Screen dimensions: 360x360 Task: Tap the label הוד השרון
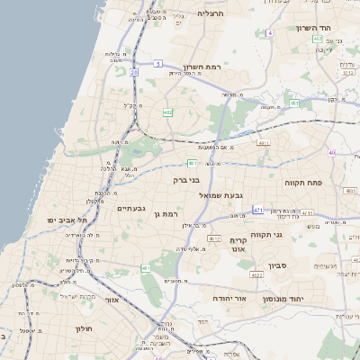click(313, 28)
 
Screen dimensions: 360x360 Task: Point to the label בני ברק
click(186, 180)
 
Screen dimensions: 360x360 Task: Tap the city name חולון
click(85, 328)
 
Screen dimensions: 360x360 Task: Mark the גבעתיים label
click(131, 208)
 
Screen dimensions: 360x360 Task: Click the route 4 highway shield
click(269, 32)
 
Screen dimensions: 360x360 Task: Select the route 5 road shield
click(157, 63)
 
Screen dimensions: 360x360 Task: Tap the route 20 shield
click(133, 71)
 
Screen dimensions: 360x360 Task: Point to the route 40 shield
click(331, 153)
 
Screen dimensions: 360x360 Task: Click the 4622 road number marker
click(256, 275)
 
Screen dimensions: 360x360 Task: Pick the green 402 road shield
click(167, 112)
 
